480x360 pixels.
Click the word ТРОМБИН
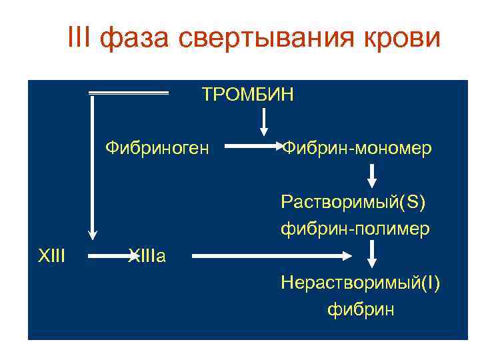tap(247, 95)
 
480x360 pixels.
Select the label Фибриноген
tap(157, 146)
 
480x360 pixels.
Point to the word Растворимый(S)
tap(353, 201)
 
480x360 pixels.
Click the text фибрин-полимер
tap(355, 229)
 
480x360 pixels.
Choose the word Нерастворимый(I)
tap(360, 283)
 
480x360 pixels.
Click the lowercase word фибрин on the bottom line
tap(361, 309)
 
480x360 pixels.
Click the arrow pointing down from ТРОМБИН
tap(264, 122)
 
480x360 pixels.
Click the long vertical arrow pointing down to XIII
tap(93, 167)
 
